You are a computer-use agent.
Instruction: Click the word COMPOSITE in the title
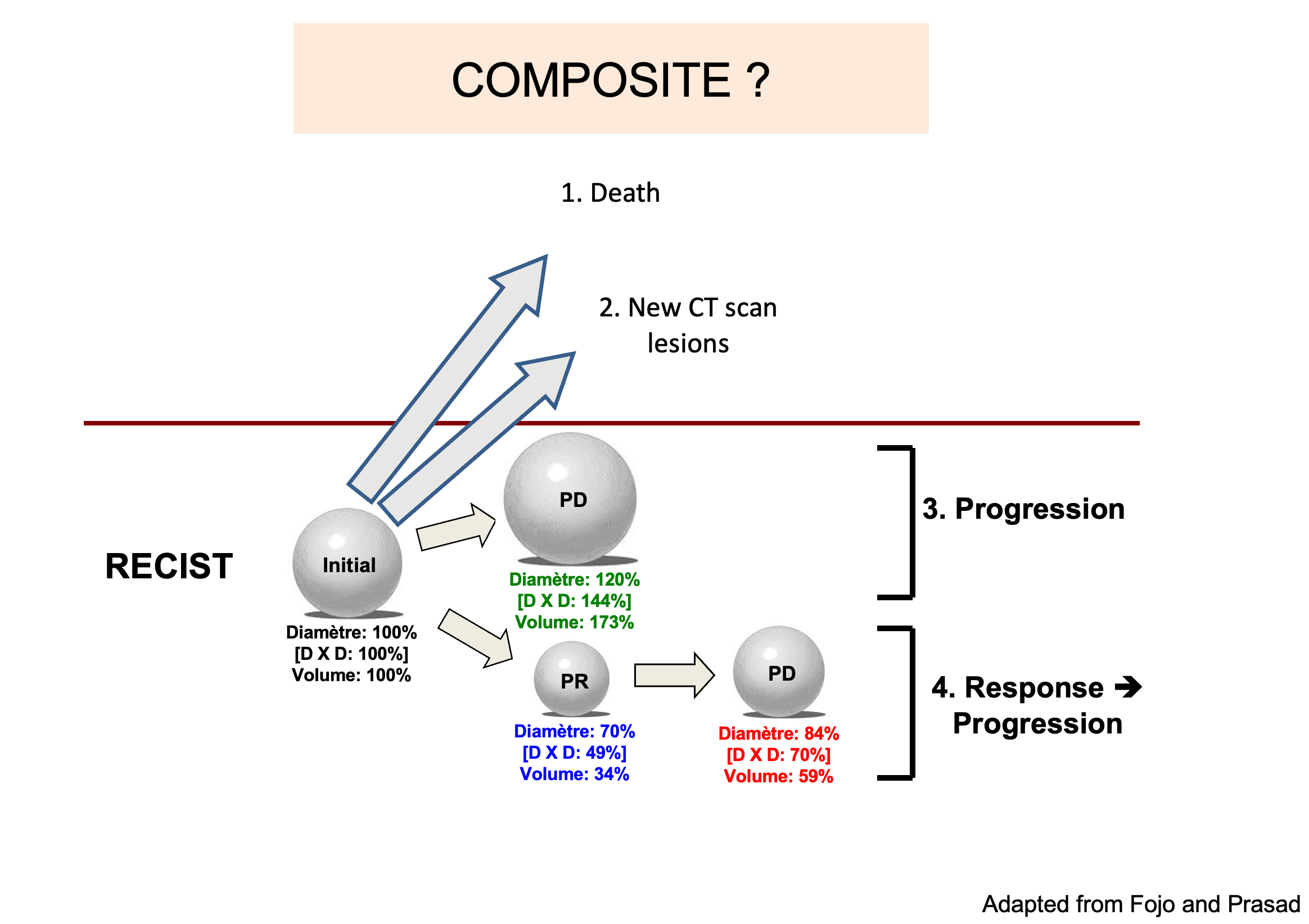coord(590,80)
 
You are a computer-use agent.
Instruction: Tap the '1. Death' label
coord(610,193)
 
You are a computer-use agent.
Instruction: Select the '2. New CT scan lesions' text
coord(688,325)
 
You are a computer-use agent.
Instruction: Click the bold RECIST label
coord(169,566)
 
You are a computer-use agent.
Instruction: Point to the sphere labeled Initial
coord(347,563)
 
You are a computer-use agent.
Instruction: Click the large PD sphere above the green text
coord(570,498)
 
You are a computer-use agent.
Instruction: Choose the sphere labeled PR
coord(572,678)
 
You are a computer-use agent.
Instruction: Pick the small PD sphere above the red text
coord(779,671)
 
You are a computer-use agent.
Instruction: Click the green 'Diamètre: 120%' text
coord(574,579)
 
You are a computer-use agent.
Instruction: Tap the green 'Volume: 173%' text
coord(574,622)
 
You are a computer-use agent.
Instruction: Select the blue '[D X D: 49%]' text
coord(574,753)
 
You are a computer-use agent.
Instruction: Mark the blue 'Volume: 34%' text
coord(574,774)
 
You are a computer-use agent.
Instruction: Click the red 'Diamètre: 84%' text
coord(778,733)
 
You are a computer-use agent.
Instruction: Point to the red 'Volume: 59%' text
coord(778,776)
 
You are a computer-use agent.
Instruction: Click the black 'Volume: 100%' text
coord(351,676)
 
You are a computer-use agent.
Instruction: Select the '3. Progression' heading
coord(1023,509)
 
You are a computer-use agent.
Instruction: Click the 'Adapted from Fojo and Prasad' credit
coord(1140,904)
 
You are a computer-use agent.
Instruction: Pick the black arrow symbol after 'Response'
coord(1129,687)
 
